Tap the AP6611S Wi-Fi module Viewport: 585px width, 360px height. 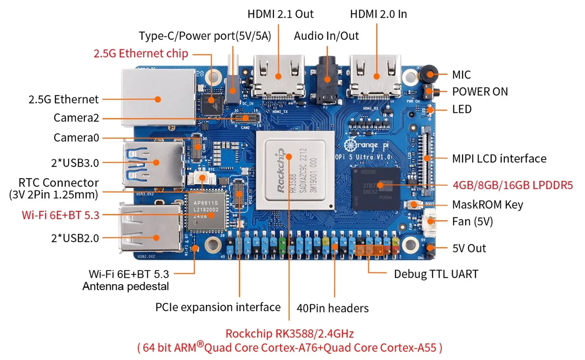coord(206,211)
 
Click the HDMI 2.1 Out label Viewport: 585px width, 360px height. coord(281,14)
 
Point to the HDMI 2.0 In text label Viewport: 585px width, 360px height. coord(378,14)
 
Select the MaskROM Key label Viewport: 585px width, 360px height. coord(487,204)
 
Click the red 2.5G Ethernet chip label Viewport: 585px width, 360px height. coord(141,53)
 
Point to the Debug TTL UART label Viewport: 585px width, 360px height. coord(436,274)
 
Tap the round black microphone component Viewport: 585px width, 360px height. coord(428,74)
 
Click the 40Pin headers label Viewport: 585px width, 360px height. coord(332,308)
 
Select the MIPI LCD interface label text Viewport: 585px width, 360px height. coord(499,159)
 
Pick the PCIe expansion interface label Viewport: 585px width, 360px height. coord(218,307)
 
